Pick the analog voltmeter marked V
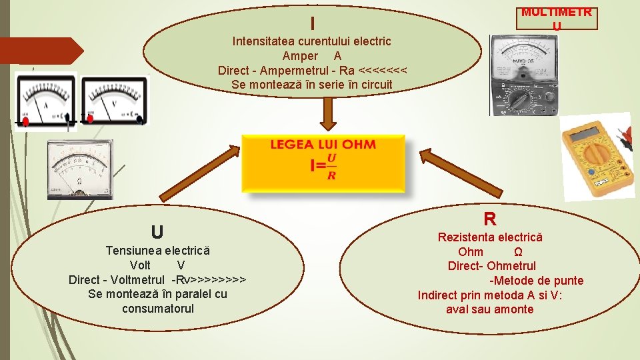coord(114,99)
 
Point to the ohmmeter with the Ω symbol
coord(79,169)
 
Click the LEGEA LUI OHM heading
coord(323,145)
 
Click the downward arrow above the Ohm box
coord(328,113)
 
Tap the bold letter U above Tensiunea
coord(157,232)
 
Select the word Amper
coord(300,56)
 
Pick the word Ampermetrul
coord(290,71)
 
